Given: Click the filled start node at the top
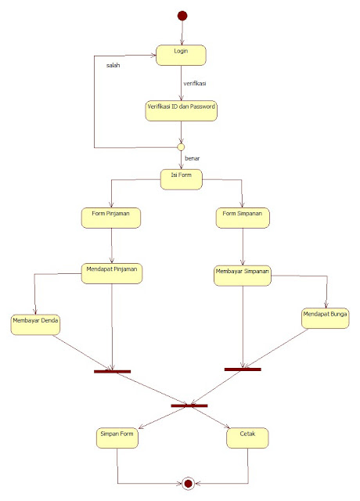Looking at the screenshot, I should (182, 15).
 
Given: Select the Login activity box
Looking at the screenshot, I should (182, 54).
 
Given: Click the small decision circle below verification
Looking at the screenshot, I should (181, 146).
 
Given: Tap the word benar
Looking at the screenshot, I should (193, 158).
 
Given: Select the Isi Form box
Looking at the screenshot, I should (182, 178).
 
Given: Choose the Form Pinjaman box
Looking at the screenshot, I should (110, 217).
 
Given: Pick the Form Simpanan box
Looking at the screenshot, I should (243, 217).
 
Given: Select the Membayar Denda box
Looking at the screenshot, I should (36, 323).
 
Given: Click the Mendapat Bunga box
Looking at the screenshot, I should (325, 316).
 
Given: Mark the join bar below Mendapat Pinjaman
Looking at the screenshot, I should (112, 371).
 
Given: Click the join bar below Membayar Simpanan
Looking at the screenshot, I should (243, 369).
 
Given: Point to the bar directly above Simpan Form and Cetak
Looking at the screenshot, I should (189, 405).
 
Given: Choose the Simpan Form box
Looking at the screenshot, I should (117, 437).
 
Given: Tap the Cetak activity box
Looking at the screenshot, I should (248, 437).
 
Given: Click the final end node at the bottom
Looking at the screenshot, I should (188, 484).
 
